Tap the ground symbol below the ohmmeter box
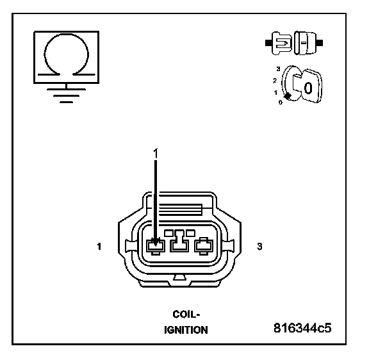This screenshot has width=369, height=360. (66, 94)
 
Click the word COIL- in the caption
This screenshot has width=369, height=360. (186, 315)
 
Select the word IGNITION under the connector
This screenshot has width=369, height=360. (186, 330)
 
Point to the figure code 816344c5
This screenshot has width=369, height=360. (302, 328)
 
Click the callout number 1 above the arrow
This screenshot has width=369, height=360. (156, 153)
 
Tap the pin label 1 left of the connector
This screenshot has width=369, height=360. (99, 247)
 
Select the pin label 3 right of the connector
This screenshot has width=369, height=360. (259, 247)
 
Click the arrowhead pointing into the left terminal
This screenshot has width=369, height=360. (155, 242)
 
